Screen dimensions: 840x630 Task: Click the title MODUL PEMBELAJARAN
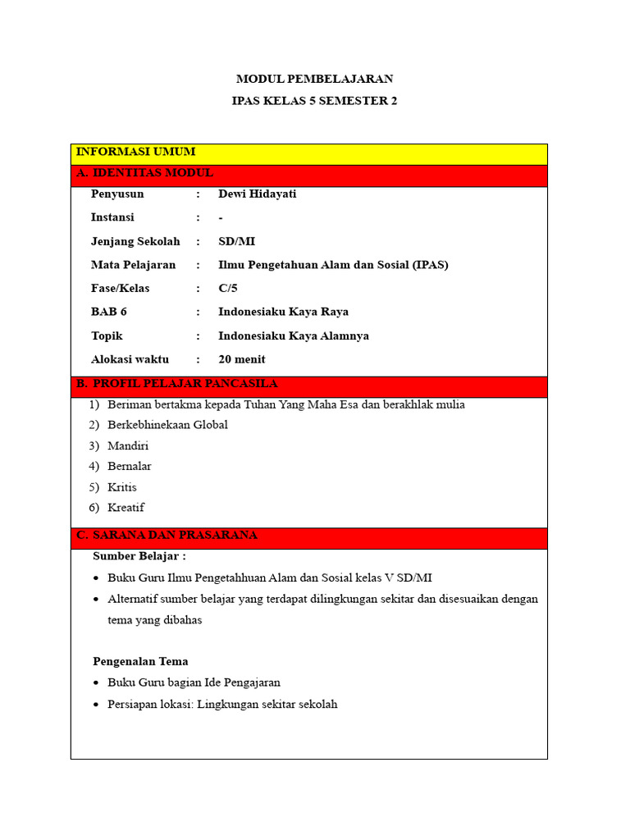[x=314, y=79]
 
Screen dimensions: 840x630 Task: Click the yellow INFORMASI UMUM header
[x=135, y=152]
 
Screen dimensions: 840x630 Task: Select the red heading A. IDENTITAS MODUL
[x=144, y=173]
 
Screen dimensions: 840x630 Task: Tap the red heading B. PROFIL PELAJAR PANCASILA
[x=176, y=384]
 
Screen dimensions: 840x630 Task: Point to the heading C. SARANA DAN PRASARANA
[x=167, y=535]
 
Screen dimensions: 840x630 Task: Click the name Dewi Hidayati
[x=256, y=194]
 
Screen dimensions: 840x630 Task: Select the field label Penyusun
[x=117, y=194]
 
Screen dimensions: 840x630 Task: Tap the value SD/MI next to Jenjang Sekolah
[x=236, y=241]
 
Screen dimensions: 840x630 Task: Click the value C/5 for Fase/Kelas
[x=228, y=289]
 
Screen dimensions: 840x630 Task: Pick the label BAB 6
[x=109, y=312]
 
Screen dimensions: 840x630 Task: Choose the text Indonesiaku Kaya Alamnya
[x=294, y=336]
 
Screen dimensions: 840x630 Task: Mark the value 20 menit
[x=242, y=359]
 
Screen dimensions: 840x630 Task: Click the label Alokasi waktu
[x=130, y=359]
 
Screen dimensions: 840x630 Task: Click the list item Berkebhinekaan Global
[x=167, y=425]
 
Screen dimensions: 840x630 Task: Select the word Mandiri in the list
[x=128, y=445]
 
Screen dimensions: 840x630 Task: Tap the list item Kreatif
[x=126, y=507]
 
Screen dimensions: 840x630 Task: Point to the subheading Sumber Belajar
[x=139, y=556]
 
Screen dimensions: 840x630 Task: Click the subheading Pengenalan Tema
[x=140, y=661]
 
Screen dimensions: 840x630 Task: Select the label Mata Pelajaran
[x=133, y=265]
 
